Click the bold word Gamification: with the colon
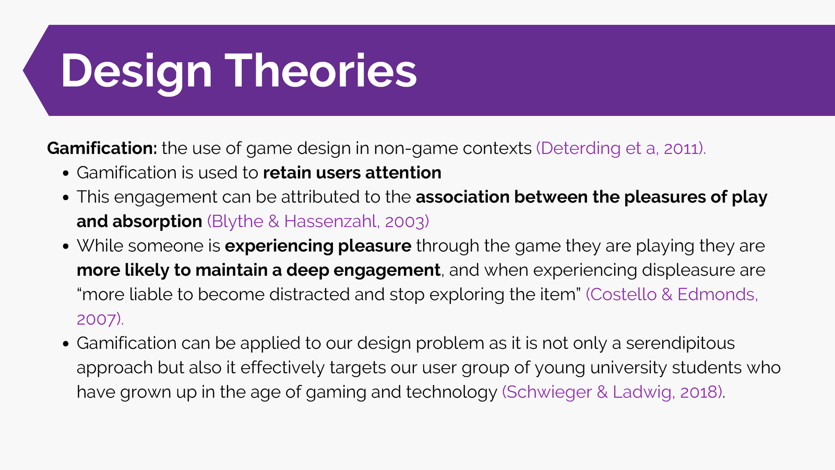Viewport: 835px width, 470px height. pos(102,148)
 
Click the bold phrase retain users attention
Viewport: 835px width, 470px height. pos(352,173)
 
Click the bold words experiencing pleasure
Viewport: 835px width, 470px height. pos(318,246)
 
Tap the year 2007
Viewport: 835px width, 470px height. pos(97,319)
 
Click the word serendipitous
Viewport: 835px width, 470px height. pos(681,344)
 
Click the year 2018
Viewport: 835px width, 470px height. pos(699,392)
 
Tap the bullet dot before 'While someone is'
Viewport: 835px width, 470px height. pos(66,246)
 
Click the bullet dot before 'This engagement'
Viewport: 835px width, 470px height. pos(66,198)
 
